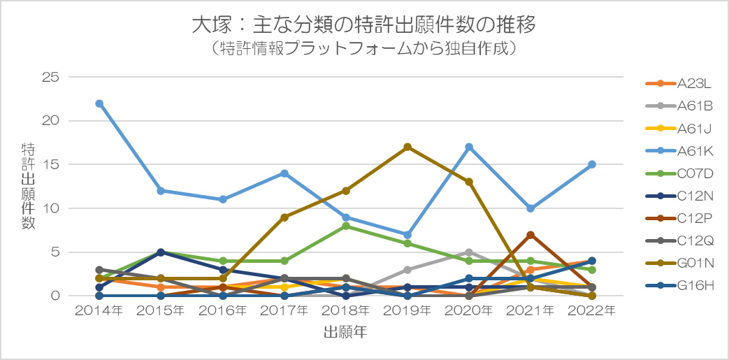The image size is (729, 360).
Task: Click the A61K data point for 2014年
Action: (99, 103)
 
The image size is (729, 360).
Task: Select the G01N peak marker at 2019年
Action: (407, 147)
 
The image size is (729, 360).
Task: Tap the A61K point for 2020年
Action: (469, 147)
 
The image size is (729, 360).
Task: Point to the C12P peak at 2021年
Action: (530, 234)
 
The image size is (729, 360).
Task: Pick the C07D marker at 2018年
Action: (346, 226)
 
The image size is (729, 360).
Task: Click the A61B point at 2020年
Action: (469, 252)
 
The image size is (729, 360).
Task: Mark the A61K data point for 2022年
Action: (592, 164)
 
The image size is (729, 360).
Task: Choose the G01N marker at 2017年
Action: (284, 217)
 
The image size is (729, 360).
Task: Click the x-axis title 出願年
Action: (345, 333)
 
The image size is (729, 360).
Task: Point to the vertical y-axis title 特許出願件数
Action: (28, 185)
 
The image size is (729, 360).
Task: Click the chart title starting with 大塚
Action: (364, 25)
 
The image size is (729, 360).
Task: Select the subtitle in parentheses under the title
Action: (364, 49)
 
